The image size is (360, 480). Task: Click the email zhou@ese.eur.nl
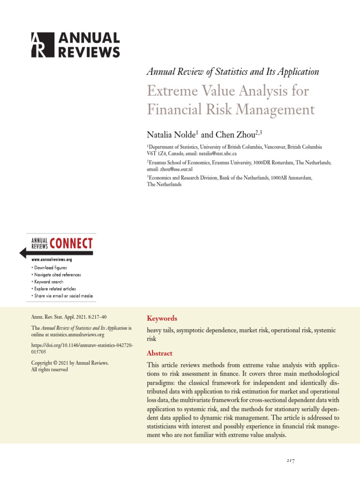click(176, 169)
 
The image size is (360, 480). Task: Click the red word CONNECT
click(71, 244)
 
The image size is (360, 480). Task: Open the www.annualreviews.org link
click(52, 259)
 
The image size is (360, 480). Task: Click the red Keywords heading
click(162, 318)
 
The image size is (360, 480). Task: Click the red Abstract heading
click(159, 353)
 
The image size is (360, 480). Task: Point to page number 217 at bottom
click(291, 461)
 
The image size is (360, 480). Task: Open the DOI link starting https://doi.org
click(82, 347)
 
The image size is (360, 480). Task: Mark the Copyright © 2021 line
click(69, 363)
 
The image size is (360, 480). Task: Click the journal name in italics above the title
click(232, 72)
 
